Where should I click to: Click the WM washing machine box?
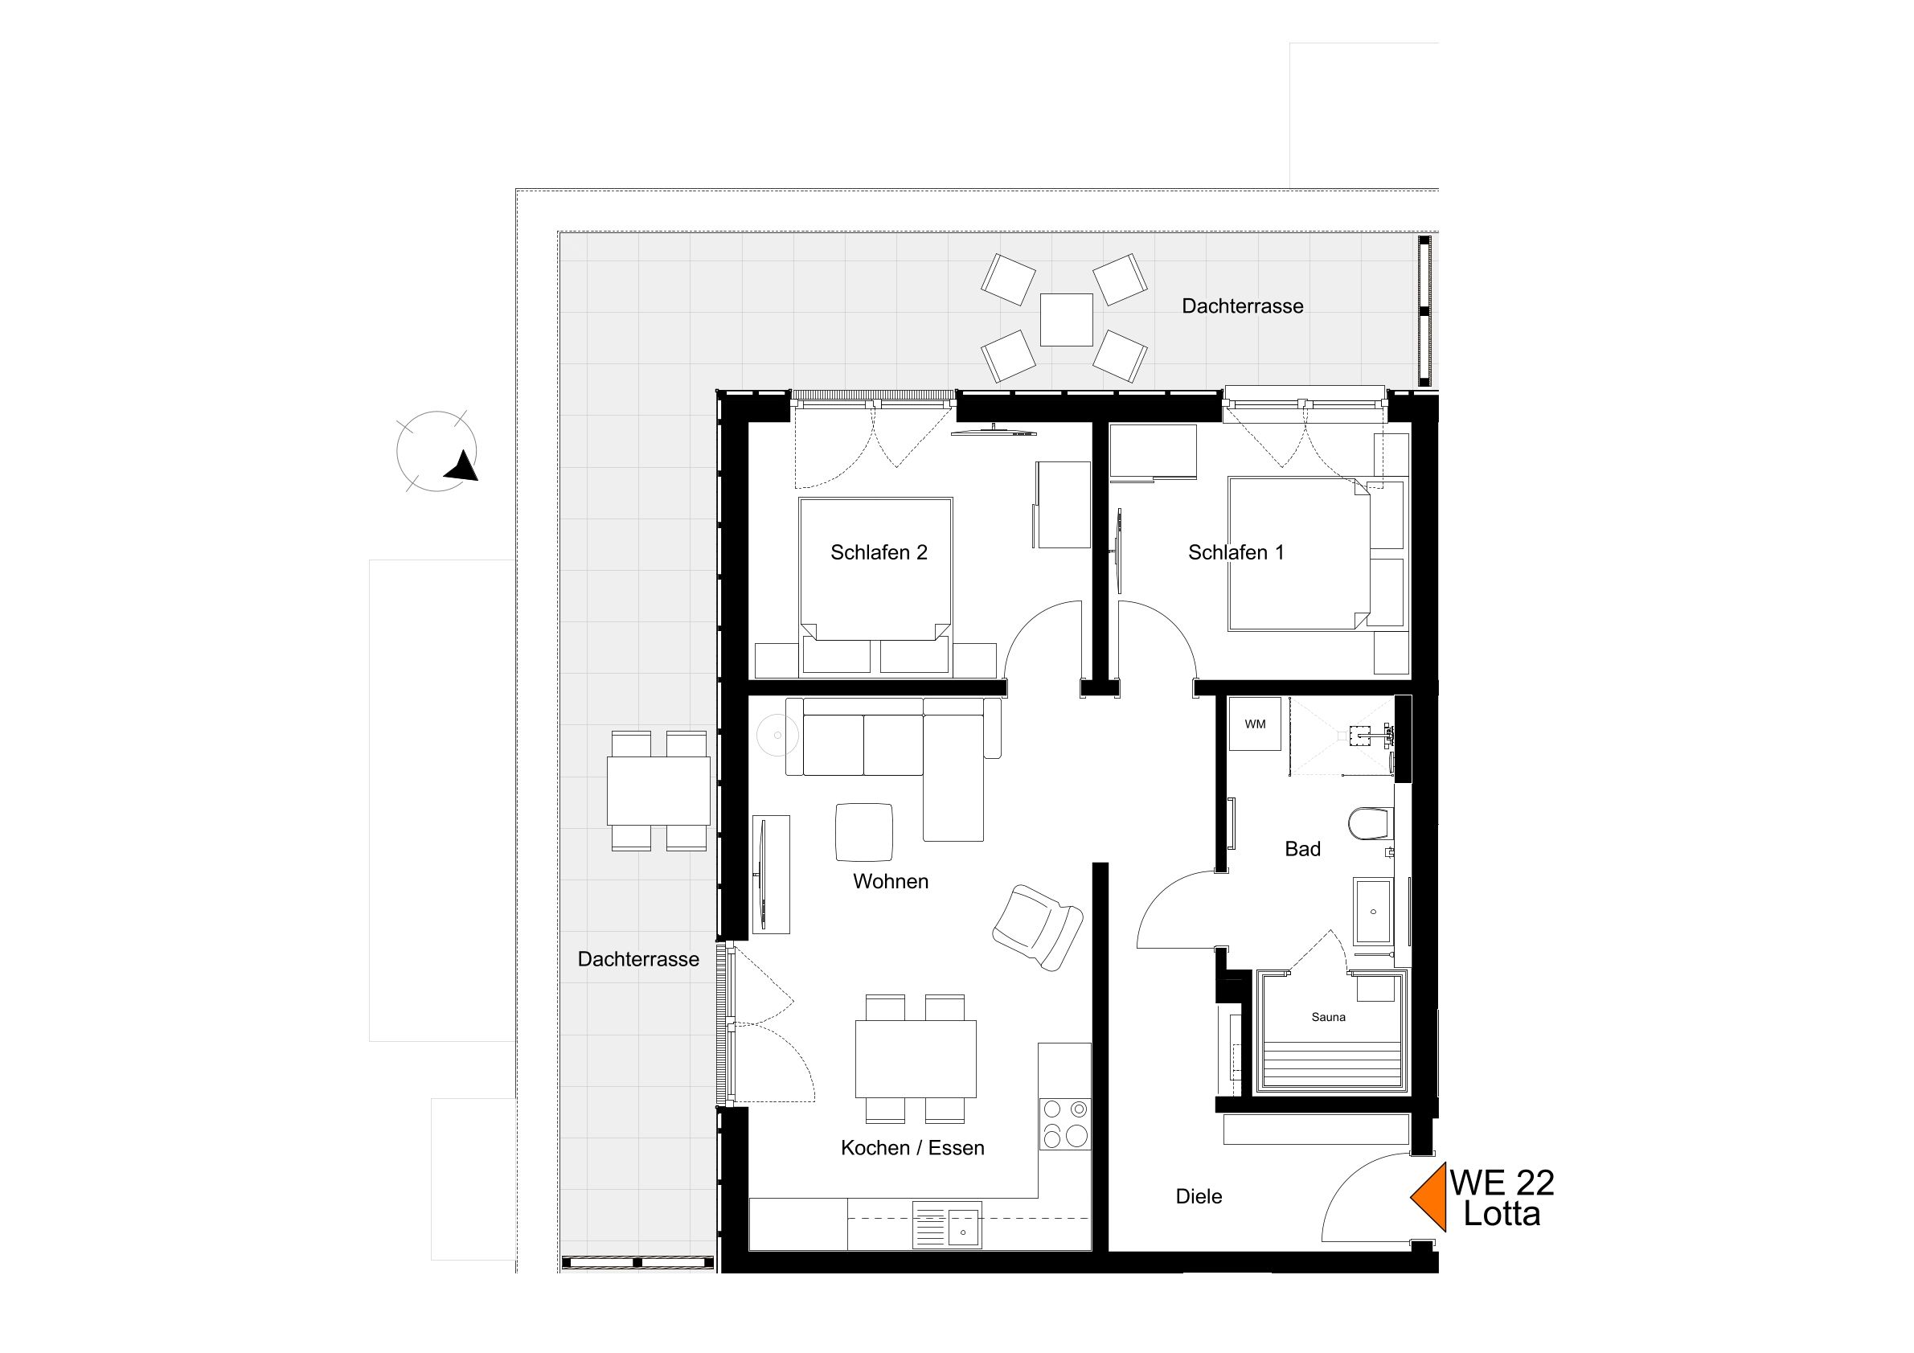click(x=1255, y=724)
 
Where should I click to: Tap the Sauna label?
click(x=1328, y=1017)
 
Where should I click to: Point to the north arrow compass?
click(x=436, y=452)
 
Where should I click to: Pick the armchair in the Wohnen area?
click(x=1037, y=927)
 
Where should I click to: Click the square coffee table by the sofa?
click(x=864, y=832)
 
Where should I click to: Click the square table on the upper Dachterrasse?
click(x=1066, y=320)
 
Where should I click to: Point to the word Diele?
click(x=1199, y=1196)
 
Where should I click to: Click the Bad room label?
click(x=1302, y=849)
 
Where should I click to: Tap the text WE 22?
click(x=1502, y=1182)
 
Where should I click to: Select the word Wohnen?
click(x=891, y=881)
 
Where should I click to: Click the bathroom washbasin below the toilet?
click(x=1372, y=909)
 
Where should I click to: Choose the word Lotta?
click(x=1502, y=1215)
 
